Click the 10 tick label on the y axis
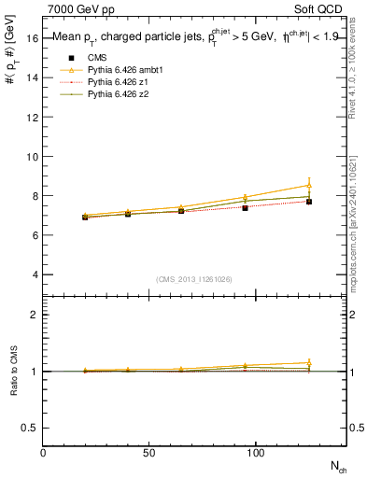tap(33, 157)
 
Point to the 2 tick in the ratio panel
tap(35, 315)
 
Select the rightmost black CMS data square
tap(309, 202)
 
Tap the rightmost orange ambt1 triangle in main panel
tap(309, 186)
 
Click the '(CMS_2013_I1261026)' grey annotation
tap(194, 280)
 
